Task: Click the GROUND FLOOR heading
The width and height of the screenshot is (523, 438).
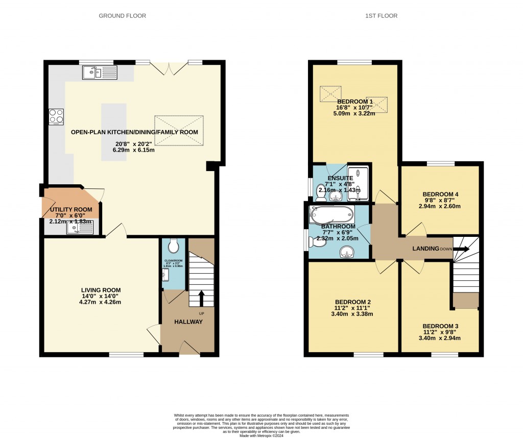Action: pyautogui.click(x=122, y=16)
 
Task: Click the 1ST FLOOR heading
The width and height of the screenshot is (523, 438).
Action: pyautogui.click(x=381, y=16)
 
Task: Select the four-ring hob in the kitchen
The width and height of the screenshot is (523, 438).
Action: pyautogui.click(x=56, y=117)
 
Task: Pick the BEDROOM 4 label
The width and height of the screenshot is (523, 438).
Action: pyautogui.click(x=440, y=194)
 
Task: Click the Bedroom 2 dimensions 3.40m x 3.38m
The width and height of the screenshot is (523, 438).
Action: pyautogui.click(x=352, y=314)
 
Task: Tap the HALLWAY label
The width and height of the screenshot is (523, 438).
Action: pyautogui.click(x=188, y=322)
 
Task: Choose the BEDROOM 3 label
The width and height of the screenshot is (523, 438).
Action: pyautogui.click(x=440, y=326)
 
